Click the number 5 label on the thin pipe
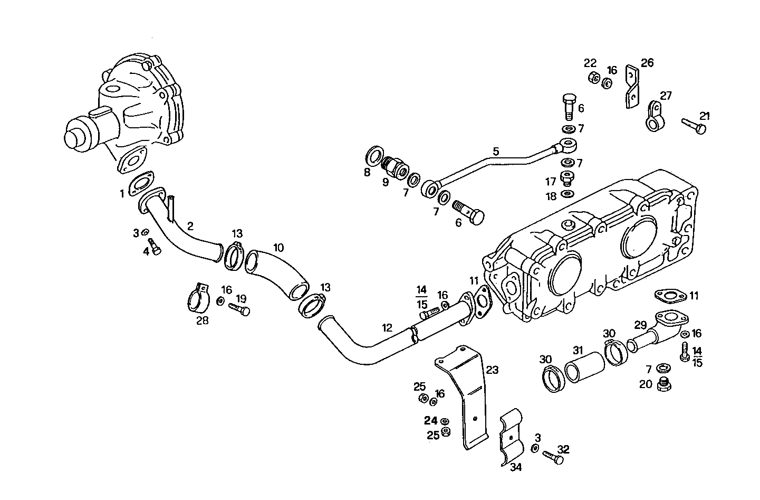pos(495,152)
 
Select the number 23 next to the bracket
pos(492,370)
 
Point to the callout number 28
pos(203,320)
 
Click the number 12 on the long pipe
pos(387,328)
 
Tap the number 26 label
pos(647,63)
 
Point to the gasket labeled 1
pos(141,182)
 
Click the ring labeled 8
pos(374,157)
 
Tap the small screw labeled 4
pos(155,247)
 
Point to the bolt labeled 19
pos(239,309)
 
